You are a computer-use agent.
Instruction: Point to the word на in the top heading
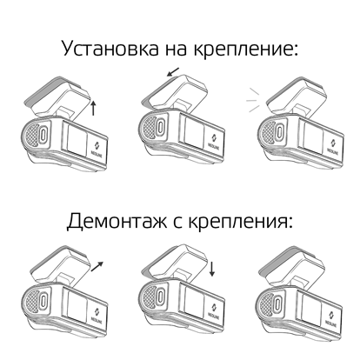(x=177, y=50)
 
